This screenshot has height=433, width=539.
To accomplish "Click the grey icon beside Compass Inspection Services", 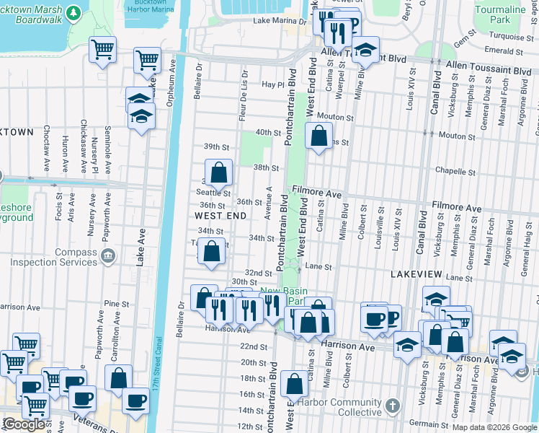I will point(107,255).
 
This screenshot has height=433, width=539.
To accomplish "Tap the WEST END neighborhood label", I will point(221,216).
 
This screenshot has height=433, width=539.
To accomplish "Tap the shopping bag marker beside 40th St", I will point(318,135).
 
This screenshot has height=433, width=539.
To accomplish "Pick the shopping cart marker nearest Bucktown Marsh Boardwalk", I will point(102,51).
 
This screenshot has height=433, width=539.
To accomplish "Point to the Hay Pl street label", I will point(272,84).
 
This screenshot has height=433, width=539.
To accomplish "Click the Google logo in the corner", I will point(24,424).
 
